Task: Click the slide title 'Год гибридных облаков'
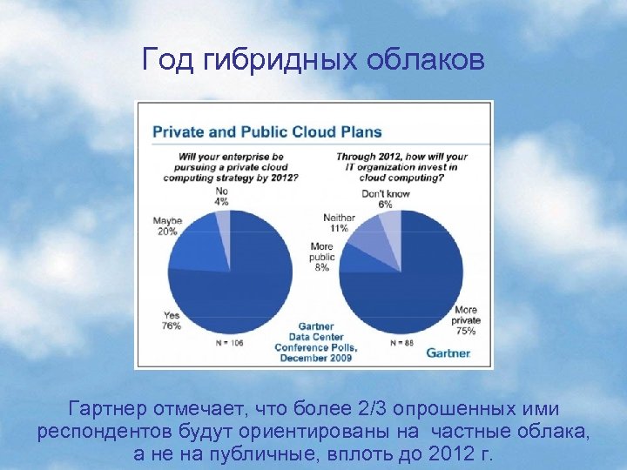coord(313,60)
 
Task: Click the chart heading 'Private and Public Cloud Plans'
coord(267,131)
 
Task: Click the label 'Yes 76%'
coord(172,320)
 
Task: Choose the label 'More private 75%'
coord(466,320)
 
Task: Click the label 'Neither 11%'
coord(335,222)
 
